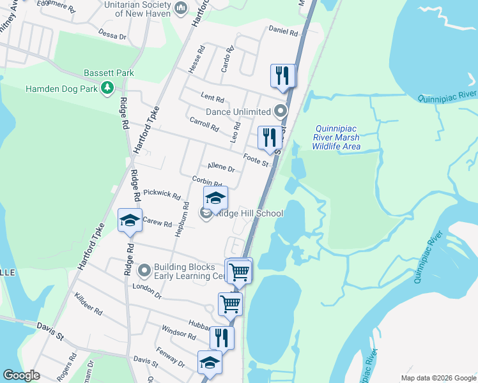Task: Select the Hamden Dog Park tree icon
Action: pyautogui.click(x=108, y=88)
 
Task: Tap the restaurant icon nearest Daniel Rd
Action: pyautogui.click(x=282, y=76)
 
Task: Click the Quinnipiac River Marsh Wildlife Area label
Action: pyautogui.click(x=336, y=137)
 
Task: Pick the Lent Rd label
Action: pyautogui.click(x=212, y=98)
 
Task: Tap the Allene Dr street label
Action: pyautogui.click(x=221, y=168)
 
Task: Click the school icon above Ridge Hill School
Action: pyautogui.click(x=215, y=198)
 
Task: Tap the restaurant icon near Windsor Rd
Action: pyautogui.click(x=222, y=337)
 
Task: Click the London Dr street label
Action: pyautogui.click(x=147, y=288)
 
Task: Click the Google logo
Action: pyautogui.click(x=22, y=375)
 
